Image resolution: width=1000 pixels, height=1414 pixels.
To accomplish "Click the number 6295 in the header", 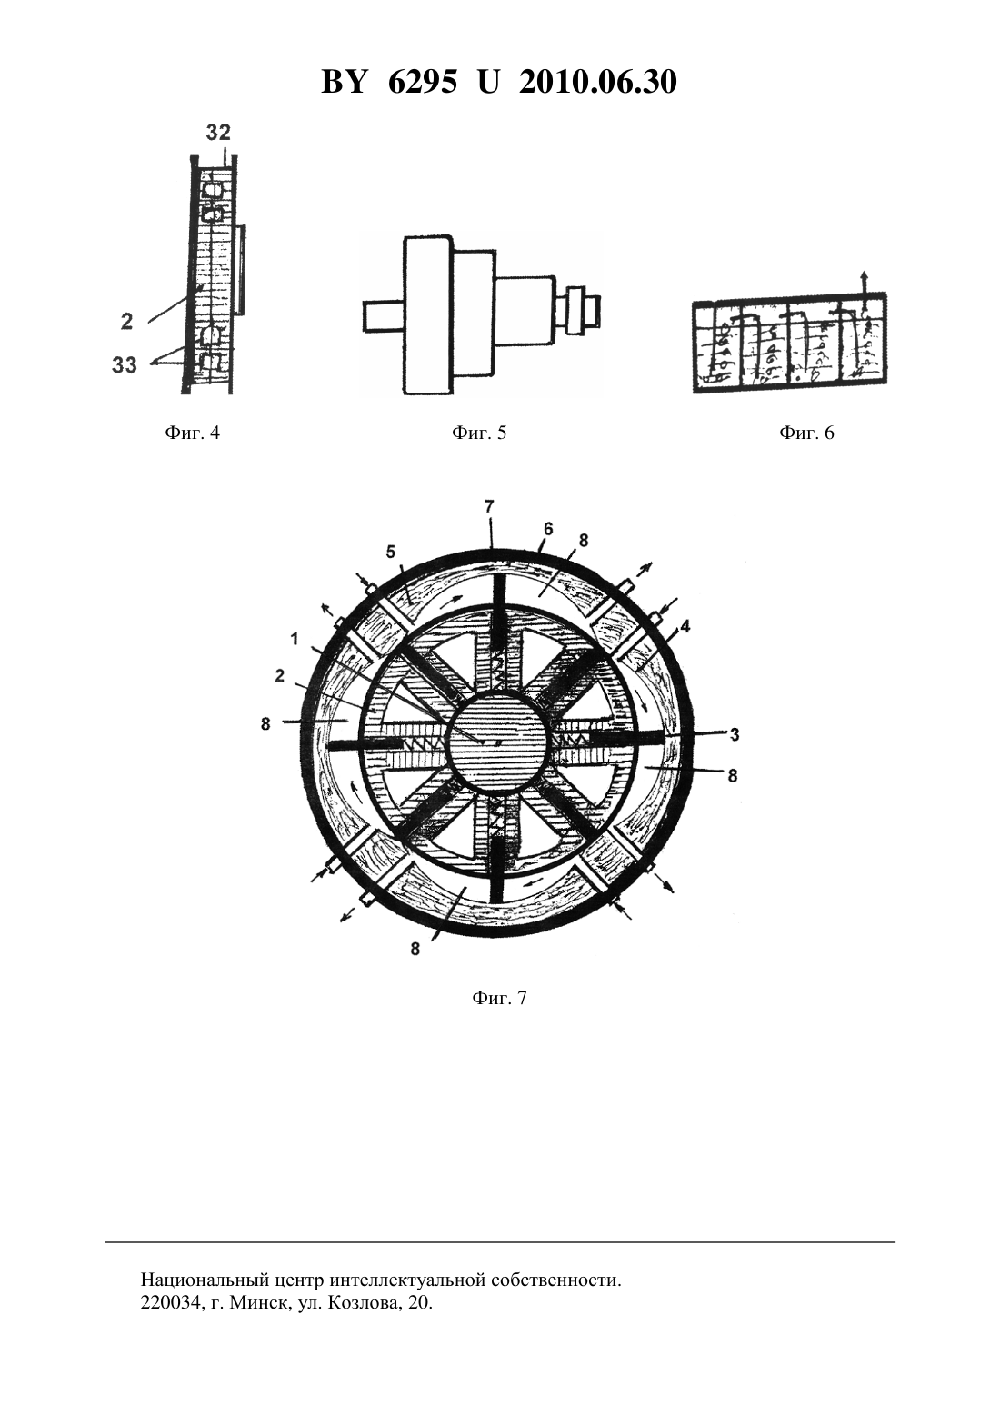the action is [421, 82].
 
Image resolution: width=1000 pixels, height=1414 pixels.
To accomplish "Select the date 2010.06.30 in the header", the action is [598, 82].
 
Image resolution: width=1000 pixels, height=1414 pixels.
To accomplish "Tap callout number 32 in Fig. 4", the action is [218, 133].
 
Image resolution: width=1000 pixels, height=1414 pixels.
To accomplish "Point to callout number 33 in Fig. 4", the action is [125, 365].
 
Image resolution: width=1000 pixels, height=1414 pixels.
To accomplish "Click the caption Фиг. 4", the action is [192, 433].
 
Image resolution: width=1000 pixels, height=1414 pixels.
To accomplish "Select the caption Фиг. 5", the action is [479, 433].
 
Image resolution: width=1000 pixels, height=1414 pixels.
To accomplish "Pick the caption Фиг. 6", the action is [807, 433].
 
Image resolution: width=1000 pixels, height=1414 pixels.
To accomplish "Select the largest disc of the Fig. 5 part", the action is [428, 315].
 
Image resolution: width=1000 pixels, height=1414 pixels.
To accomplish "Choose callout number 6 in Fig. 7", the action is [548, 529].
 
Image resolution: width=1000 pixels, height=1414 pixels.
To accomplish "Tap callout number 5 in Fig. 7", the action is [391, 553].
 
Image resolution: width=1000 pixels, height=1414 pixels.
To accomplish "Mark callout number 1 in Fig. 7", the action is [295, 640].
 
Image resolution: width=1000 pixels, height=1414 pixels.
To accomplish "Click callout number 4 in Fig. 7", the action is [685, 627].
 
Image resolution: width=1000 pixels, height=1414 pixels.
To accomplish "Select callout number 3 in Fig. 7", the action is [735, 735].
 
